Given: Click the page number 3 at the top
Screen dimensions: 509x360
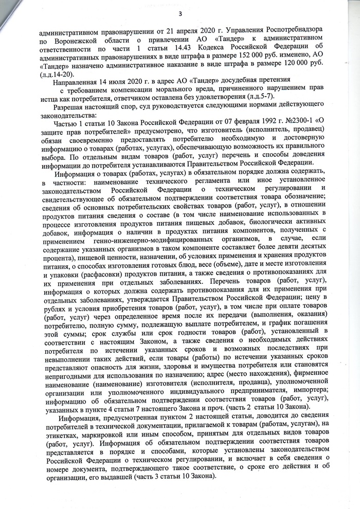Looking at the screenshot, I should click(180, 14).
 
